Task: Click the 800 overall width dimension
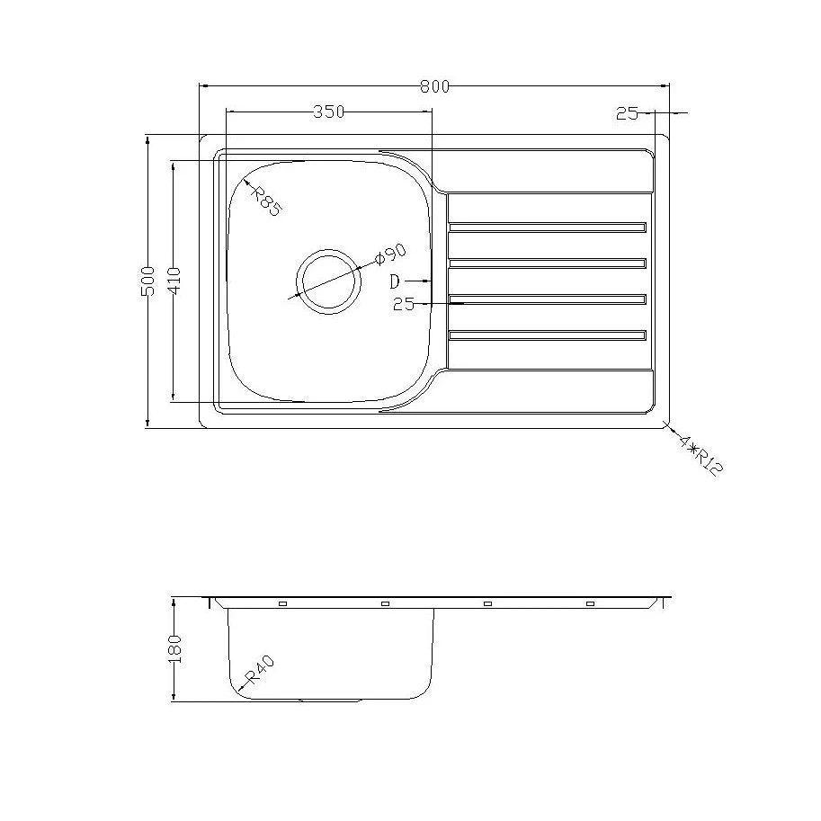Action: point(433,86)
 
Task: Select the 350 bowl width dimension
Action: point(328,112)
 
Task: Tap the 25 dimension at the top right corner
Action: point(627,113)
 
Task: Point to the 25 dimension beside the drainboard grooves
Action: point(404,305)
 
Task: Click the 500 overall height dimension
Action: point(149,281)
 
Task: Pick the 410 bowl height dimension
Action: point(174,281)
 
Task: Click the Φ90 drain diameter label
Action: point(391,254)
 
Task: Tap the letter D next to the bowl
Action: point(395,281)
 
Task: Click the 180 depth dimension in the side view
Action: point(174,647)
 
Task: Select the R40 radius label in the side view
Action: point(260,671)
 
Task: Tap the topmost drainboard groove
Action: point(547,228)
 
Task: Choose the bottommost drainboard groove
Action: point(547,335)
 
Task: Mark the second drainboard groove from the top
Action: point(547,263)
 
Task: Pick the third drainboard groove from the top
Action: point(547,299)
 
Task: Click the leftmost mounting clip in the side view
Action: point(282,604)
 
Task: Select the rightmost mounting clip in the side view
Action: point(591,604)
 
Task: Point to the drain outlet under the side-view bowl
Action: point(330,700)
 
